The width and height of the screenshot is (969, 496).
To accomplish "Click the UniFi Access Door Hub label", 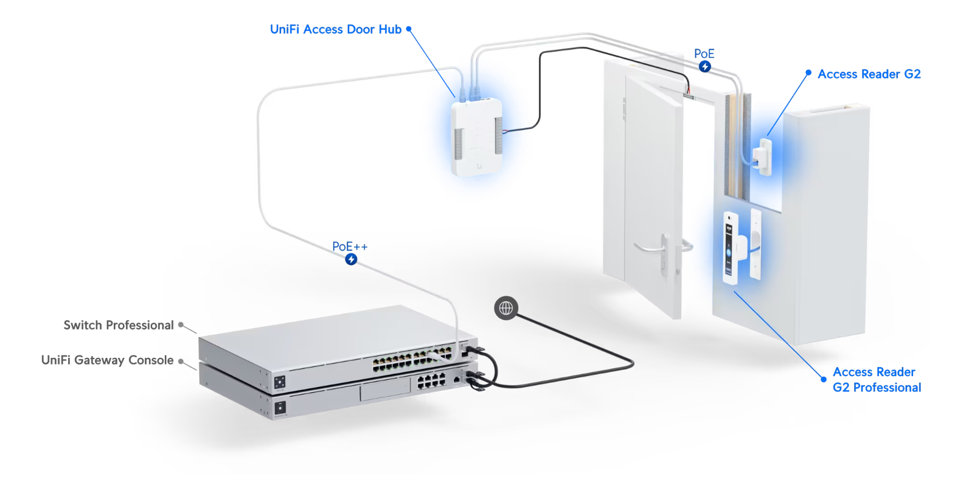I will click(x=335, y=29).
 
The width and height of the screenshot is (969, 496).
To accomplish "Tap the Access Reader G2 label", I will click(x=869, y=74).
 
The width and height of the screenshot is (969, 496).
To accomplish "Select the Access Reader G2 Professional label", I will click(x=876, y=380).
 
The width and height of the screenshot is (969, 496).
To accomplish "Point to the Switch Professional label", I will click(x=119, y=325).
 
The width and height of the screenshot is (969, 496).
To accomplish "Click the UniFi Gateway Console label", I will click(x=107, y=360).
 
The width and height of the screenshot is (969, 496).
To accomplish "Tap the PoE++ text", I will click(x=350, y=246).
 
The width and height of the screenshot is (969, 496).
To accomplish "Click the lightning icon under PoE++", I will click(x=351, y=260).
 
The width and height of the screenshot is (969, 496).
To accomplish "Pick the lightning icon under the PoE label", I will click(x=704, y=66).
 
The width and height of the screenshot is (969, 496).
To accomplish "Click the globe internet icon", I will click(x=506, y=308).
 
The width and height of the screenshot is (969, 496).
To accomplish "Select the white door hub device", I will click(x=478, y=138).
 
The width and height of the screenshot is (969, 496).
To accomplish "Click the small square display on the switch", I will click(x=280, y=382).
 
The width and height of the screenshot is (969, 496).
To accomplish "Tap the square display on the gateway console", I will click(x=280, y=408).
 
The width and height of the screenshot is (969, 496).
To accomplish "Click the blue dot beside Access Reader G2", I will click(x=808, y=72).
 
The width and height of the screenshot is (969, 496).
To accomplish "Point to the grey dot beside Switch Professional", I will click(x=181, y=325).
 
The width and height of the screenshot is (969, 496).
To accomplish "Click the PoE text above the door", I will click(x=704, y=54).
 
